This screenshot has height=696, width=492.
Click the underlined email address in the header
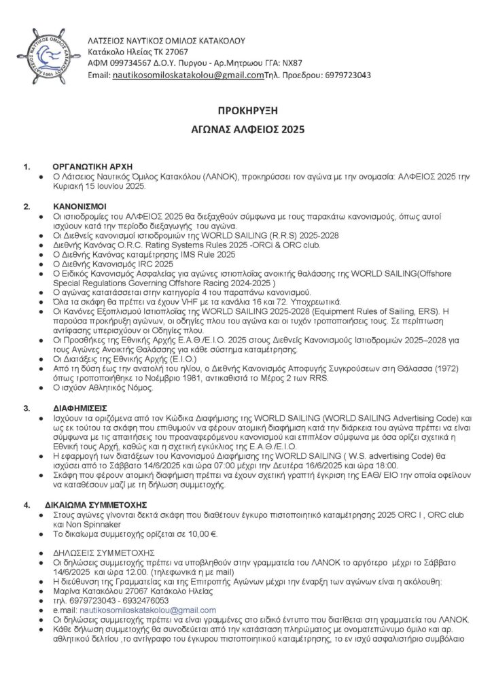[188, 75]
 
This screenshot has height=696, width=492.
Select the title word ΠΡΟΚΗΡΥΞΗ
[245, 110]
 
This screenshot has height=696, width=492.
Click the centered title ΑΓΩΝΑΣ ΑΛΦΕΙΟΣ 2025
[245, 128]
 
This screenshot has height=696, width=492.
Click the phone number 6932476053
[154, 600]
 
